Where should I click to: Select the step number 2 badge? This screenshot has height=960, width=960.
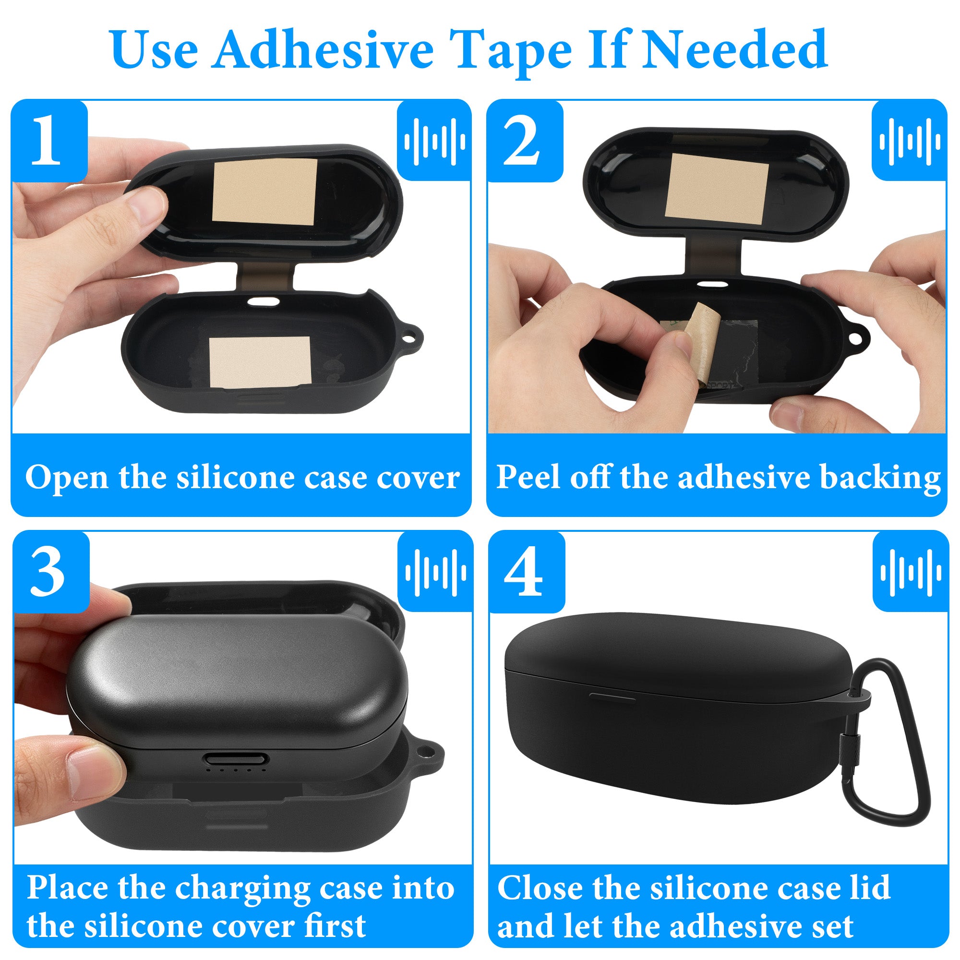(525, 141)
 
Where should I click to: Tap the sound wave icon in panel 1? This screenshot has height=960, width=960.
(435, 141)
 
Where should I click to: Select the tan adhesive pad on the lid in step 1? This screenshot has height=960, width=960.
(264, 192)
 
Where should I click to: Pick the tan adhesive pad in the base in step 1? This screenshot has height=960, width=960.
(260, 362)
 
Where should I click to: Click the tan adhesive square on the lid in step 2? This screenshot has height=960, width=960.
(716, 186)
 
